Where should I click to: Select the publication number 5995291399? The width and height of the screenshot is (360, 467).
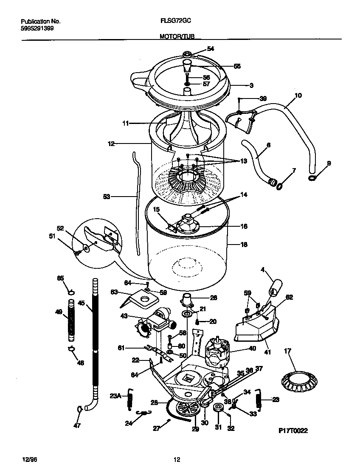coord(37,28)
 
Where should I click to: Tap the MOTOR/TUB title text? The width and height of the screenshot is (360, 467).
coord(177,37)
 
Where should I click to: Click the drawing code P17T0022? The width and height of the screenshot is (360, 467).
coord(292,430)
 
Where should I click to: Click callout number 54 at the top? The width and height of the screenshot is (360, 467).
coord(211,49)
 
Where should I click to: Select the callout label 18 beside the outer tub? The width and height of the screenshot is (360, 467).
coord(244,245)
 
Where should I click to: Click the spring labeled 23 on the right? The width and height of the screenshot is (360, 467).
coord(258,399)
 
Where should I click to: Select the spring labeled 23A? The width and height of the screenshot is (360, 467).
coord(131,400)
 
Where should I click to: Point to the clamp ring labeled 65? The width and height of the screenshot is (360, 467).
coord(71,292)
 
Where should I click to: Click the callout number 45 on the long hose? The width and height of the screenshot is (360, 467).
coord(82,304)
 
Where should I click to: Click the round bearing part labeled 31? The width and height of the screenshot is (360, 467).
coord(219,408)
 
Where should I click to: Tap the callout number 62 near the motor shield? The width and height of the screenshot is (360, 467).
coord(289,298)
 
